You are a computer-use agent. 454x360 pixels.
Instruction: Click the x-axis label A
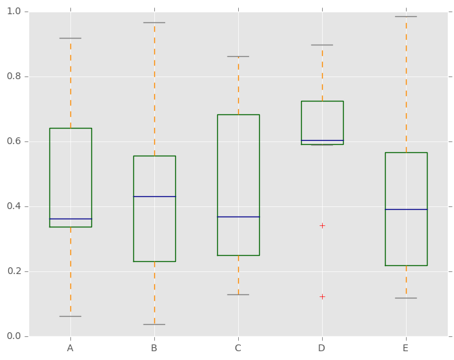click(x=70, y=348)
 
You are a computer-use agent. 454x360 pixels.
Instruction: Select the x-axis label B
click(x=154, y=348)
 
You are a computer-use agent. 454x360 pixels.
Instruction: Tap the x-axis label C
click(x=238, y=348)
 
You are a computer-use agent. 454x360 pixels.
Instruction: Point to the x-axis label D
click(x=322, y=348)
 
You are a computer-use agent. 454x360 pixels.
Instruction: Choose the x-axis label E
click(x=406, y=348)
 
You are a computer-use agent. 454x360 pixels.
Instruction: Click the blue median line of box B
click(x=154, y=196)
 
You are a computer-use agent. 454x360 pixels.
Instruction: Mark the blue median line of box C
click(x=238, y=217)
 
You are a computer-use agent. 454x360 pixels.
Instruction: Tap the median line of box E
click(x=406, y=209)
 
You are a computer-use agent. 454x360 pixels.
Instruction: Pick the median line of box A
click(x=70, y=219)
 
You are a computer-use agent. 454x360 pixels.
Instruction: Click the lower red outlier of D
click(x=322, y=296)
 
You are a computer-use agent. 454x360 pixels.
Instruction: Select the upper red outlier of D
click(x=322, y=225)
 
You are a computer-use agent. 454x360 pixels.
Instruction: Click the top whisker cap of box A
click(x=70, y=38)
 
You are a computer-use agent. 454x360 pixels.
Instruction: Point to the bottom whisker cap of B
click(x=154, y=324)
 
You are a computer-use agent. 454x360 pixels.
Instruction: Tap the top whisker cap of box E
click(x=406, y=16)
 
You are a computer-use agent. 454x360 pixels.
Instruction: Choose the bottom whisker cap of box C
click(x=238, y=294)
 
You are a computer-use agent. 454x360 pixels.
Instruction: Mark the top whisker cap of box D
click(x=322, y=45)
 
